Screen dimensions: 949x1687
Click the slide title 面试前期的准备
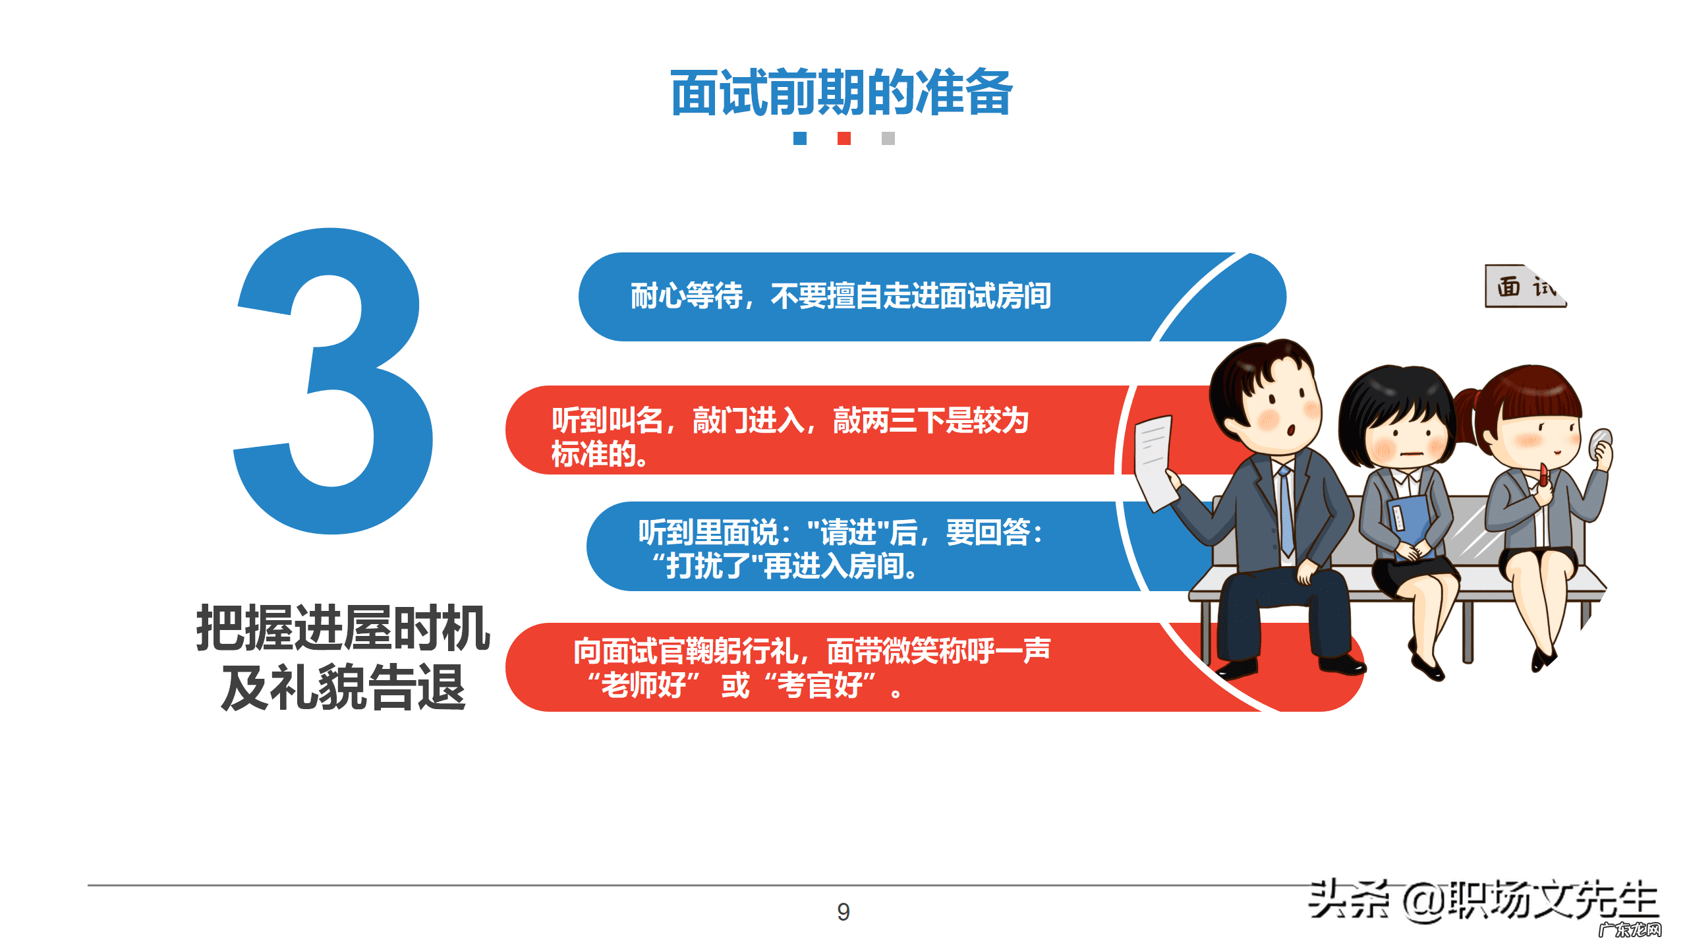(842, 93)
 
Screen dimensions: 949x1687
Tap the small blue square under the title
(799, 138)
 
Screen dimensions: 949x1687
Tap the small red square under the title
(843, 138)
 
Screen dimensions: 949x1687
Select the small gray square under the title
(888, 138)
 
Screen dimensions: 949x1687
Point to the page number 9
(843, 912)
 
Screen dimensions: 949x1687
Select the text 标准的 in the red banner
(598, 454)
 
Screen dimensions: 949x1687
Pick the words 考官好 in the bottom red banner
(820, 685)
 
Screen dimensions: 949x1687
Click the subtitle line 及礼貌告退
(343, 687)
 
